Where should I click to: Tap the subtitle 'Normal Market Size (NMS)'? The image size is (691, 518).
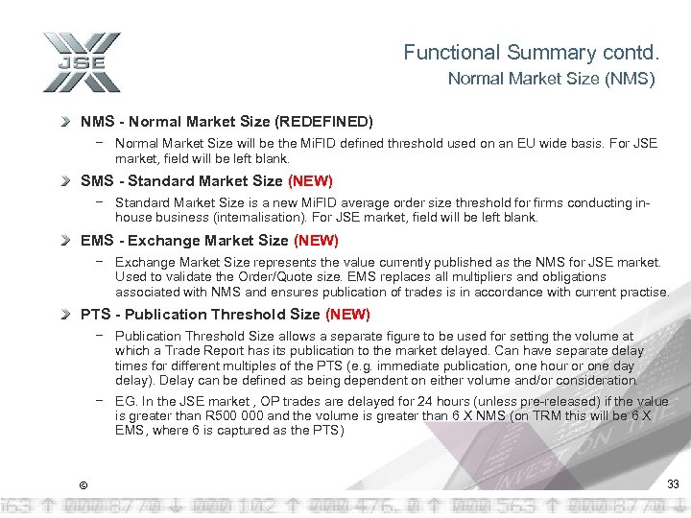click(x=551, y=80)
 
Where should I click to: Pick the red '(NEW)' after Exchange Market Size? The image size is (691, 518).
click(x=316, y=241)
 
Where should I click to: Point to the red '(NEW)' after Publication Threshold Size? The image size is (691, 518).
click(x=347, y=315)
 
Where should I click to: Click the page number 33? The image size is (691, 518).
click(x=673, y=483)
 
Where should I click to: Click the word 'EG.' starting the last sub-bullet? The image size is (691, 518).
click(x=126, y=402)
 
